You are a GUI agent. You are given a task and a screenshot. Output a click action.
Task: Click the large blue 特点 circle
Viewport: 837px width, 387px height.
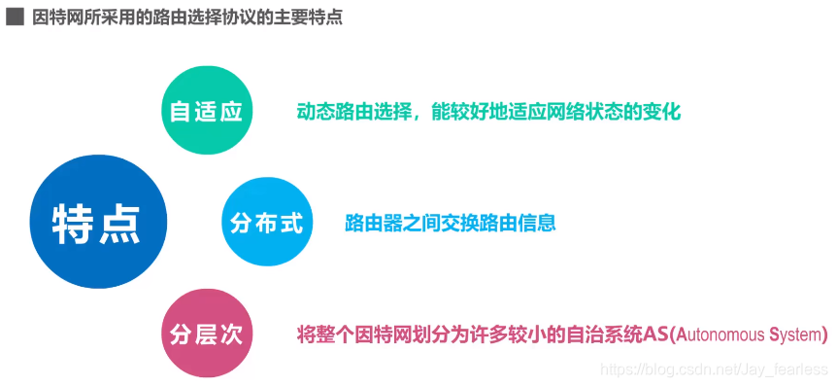98,222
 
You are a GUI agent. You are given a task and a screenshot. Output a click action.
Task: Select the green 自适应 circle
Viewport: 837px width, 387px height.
206,111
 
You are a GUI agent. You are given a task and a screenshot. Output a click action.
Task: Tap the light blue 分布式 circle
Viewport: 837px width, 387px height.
266,223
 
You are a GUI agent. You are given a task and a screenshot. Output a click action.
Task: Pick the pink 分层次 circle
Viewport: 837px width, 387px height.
206,334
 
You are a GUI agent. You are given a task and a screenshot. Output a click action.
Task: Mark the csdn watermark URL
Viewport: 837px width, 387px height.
715,370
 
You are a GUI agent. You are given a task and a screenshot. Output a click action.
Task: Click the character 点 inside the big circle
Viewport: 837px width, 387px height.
120,222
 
